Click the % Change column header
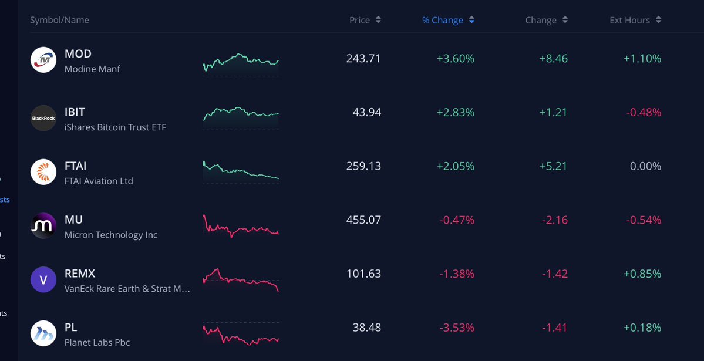[442, 20]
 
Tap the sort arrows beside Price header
[378, 20]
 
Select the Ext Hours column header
[629, 20]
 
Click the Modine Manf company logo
[43, 60]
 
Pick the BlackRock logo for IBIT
[43, 118]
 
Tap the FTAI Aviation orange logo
[43, 172]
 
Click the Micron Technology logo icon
[43, 226]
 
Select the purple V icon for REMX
[43, 280]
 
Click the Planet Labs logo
[43, 333]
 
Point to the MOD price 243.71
[363, 59]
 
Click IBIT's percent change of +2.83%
[455, 112]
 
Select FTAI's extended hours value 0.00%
[645, 166]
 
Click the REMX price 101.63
[363, 274]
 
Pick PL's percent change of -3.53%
[456, 328]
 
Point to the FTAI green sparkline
[241, 172]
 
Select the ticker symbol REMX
[80, 274]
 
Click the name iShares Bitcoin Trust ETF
[115, 127]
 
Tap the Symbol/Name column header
[59, 20]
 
